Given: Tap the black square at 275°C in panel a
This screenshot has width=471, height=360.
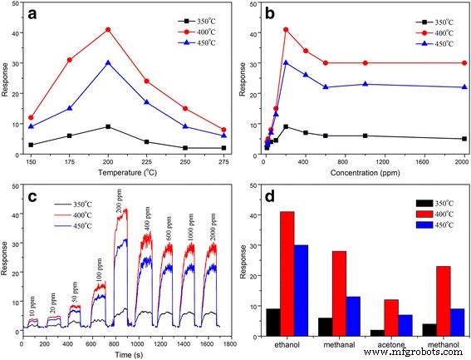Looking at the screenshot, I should point(224,148).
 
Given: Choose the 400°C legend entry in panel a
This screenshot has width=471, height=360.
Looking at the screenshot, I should point(198,32).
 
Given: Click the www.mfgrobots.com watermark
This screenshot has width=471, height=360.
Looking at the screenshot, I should point(420,353).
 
